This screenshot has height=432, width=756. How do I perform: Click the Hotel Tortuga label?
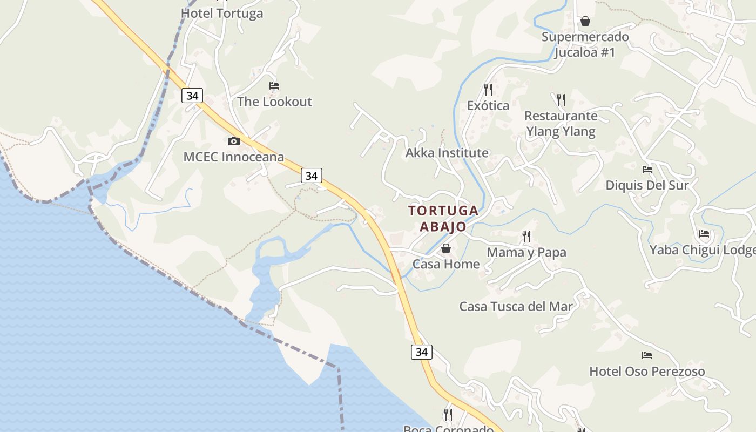pos(222,13)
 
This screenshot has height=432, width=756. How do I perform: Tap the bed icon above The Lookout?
pos(274,86)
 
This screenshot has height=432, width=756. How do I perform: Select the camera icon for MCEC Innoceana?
pos(234,141)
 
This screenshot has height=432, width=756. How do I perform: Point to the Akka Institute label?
pos(447,153)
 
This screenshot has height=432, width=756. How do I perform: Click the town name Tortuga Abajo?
pos(443,218)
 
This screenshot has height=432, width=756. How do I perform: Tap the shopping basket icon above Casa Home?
pos(446,248)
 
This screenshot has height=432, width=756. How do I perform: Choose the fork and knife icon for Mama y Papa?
pos(526,237)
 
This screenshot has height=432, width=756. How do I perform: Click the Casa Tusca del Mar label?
pos(516,306)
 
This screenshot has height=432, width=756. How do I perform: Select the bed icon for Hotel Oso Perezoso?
pos(647,355)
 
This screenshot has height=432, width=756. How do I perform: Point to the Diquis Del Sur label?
pos(647,185)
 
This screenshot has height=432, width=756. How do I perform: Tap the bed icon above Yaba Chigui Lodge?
pos(704,234)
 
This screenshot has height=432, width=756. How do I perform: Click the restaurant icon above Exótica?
pos(488,89)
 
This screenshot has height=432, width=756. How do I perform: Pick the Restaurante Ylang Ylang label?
pos(561,124)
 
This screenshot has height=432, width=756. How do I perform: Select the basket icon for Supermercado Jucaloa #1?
pos(585,21)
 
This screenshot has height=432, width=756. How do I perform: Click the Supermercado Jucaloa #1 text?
pos(585,45)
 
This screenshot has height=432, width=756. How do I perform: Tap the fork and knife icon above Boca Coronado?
pos(448,415)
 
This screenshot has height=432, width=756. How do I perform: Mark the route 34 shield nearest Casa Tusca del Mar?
pos(422,352)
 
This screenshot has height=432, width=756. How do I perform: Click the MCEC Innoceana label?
pos(234,157)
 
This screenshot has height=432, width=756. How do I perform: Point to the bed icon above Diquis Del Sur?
pos(647,170)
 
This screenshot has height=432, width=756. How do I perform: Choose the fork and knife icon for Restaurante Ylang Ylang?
pos(561,100)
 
